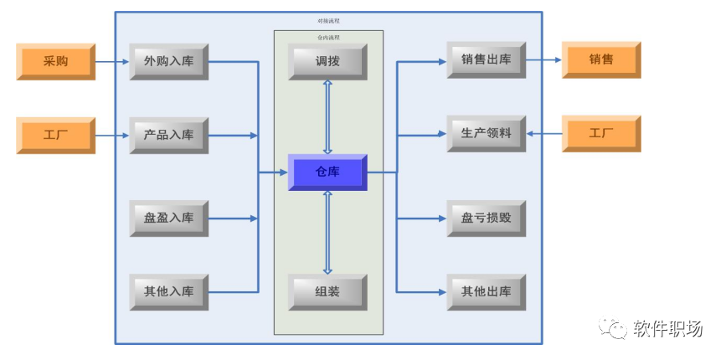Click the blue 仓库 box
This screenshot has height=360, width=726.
327,172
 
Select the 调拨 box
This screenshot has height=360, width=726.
327,61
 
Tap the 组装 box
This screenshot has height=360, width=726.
327,291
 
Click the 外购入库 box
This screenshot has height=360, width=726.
168,61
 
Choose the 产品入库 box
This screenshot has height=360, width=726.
168,135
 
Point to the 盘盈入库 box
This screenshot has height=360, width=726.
168,218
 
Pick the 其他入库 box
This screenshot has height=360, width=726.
168,291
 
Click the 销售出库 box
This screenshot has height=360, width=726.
486,59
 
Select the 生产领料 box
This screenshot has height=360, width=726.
486,133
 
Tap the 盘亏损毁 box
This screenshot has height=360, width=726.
486,218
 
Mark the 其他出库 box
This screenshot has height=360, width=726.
486,291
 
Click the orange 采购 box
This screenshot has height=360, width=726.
56,61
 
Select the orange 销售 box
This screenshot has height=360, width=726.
600,59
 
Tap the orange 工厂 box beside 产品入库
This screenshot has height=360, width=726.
56,135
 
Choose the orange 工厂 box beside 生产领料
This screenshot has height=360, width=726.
600,133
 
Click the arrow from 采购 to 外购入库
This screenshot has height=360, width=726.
112,61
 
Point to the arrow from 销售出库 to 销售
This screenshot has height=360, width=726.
543,59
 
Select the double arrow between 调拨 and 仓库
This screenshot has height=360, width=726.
327,116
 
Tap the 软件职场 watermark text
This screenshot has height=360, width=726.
667,328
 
